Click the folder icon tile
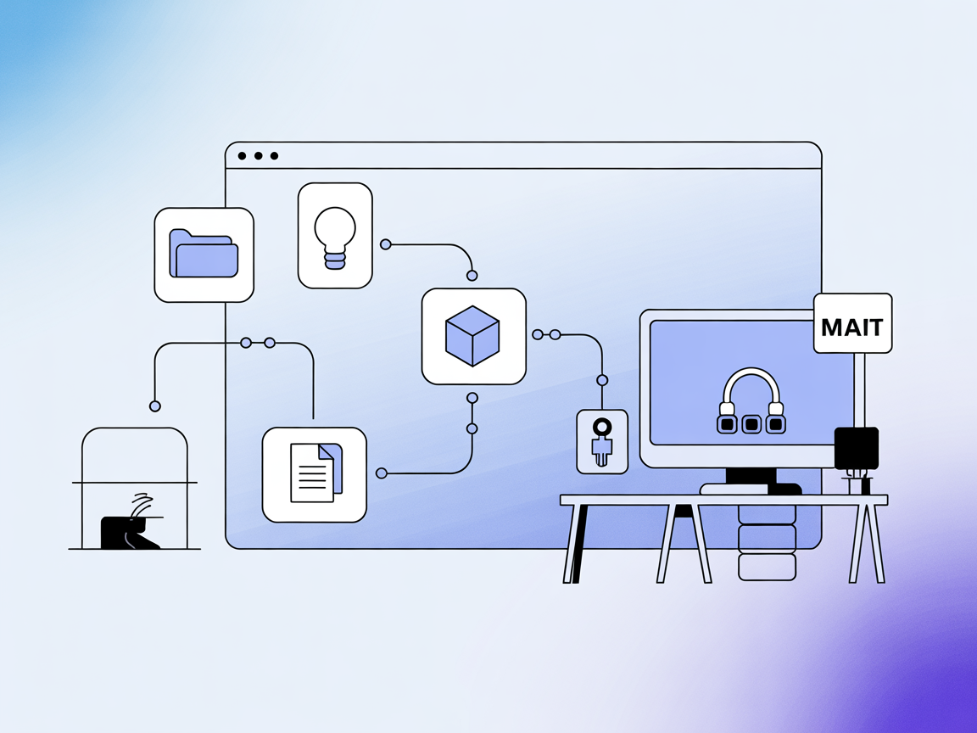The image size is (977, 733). (204, 255)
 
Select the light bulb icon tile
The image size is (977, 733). (335, 236)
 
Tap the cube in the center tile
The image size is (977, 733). (472, 336)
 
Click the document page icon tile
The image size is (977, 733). (314, 474)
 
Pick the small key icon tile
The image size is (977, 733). (602, 441)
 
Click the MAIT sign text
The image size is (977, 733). (852, 327)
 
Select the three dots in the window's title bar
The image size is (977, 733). (259, 156)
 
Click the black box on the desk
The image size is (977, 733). (856, 448)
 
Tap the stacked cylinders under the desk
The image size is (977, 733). (767, 543)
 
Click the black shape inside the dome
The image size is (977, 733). (127, 531)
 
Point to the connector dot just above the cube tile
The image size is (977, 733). (472, 276)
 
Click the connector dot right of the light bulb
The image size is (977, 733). (386, 244)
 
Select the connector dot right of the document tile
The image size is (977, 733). (382, 473)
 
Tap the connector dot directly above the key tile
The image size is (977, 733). (602, 380)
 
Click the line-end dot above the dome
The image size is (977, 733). (155, 406)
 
